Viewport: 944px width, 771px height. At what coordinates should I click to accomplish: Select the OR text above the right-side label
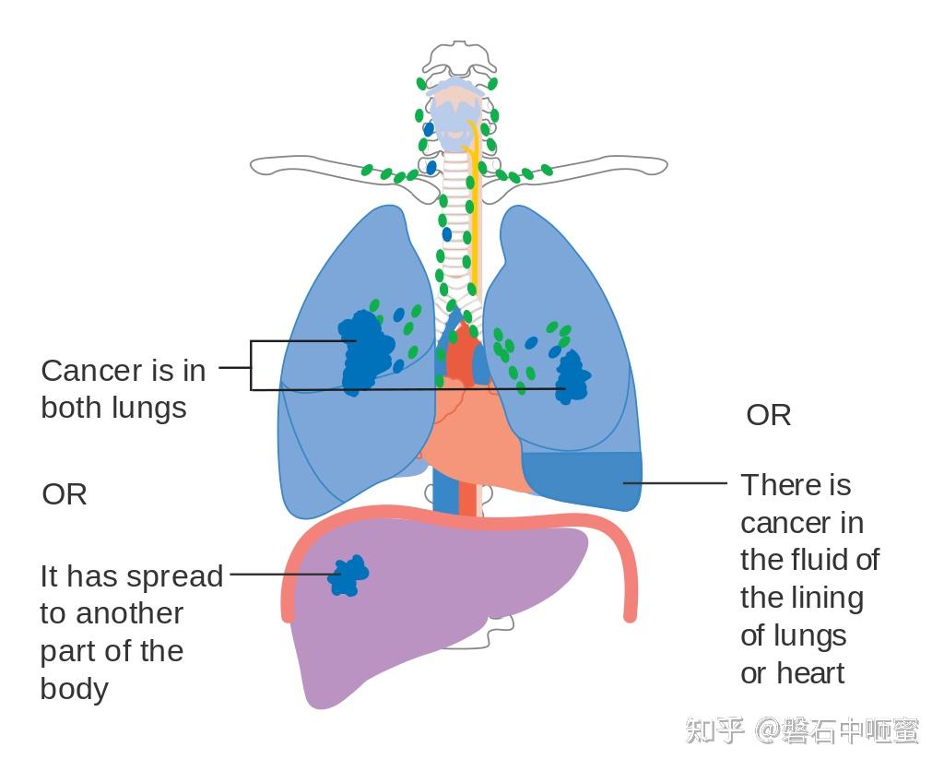[768, 415]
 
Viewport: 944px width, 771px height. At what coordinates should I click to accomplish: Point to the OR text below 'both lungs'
[65, 494]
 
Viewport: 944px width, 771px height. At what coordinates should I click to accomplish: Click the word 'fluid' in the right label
[830, 560]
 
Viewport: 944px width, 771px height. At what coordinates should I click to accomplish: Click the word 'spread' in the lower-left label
[181, 576]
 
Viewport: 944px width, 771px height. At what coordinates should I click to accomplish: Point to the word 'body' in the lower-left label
[75, 689]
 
